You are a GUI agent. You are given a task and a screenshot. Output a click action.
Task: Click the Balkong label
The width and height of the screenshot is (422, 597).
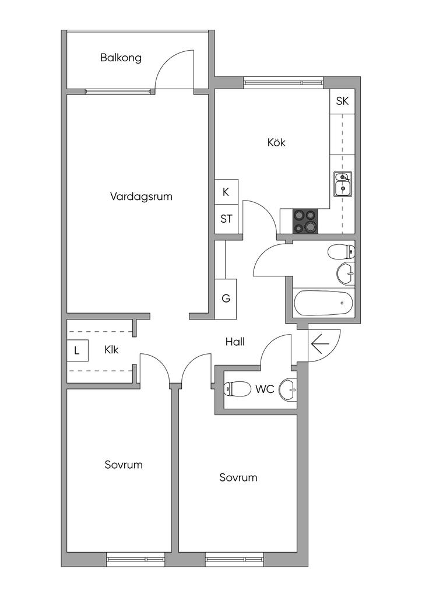(121, 58)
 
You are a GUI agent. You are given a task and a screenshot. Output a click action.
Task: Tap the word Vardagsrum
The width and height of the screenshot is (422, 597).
(141, 197)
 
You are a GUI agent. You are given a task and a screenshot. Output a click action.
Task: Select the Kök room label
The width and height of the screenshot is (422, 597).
(276, 142)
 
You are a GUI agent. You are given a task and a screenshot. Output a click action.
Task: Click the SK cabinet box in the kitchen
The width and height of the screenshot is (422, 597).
(343, 101)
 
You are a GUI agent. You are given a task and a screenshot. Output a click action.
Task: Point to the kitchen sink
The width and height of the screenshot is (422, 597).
(343, 184)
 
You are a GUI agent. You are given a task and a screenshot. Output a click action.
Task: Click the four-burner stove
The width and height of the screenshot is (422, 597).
(305, 221)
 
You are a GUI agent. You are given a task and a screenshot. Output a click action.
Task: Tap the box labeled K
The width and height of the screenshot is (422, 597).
(226, 192)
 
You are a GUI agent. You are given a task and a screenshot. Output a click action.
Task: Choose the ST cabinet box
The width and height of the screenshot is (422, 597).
(226, 219)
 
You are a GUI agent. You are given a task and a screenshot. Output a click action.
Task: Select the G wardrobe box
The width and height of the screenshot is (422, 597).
(226, 298)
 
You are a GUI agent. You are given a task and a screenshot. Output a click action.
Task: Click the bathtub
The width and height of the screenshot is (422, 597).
(323, 303)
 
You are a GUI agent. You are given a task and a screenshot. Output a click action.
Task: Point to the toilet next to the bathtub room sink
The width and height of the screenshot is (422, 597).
(342, 252)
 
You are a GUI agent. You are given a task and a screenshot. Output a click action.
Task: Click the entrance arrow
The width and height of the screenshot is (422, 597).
(320, 344)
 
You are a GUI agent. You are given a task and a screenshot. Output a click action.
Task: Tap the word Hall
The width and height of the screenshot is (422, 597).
(235, 342)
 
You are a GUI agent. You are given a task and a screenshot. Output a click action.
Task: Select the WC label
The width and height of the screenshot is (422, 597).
(265, 389)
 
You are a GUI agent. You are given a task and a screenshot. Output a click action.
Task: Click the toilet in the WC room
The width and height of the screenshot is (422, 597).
(237, 389)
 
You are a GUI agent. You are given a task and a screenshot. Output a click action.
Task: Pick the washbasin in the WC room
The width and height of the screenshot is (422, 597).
(288, 389)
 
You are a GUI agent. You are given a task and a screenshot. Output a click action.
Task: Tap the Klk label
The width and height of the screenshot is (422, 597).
(111, 350)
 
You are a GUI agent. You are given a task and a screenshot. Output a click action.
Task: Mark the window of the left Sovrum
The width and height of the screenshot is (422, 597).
(135, 559)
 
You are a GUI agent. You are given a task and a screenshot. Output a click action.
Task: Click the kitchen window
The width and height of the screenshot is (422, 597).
(283, 82)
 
